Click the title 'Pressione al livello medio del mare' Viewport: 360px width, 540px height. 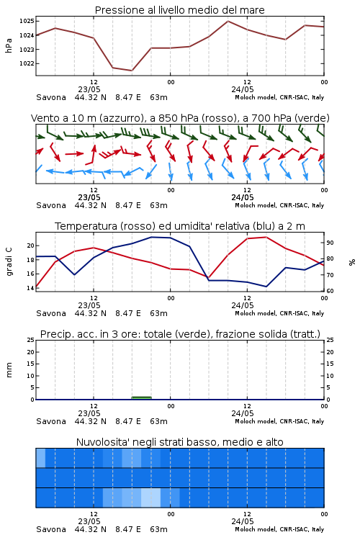coord(179,10)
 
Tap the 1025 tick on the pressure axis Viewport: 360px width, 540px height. coord(27,21)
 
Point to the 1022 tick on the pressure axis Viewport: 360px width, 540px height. coord(27,63)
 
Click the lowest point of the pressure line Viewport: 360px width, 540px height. coord(132,71)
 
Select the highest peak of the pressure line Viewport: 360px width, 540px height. coord(228,21)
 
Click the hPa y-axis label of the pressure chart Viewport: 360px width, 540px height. coord(9,45)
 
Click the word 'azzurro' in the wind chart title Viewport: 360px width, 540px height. coord(120,118)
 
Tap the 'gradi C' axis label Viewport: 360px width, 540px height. coord(9,262)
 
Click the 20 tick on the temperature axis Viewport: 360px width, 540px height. coord(31,246)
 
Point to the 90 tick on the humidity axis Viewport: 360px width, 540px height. coord(330,243)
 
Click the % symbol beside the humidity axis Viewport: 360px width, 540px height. coord(352,262)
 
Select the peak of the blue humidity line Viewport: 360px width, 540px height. coord(151,237)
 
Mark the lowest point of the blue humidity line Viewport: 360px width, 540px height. coord(266,287)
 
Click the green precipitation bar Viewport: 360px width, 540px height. coord(142,398)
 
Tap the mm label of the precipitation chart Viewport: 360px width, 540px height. coord(9,370)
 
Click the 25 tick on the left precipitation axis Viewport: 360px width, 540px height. coord(31,340)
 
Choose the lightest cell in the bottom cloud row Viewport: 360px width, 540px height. coord(151,498)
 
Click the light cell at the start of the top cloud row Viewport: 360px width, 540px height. coord(40,458)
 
